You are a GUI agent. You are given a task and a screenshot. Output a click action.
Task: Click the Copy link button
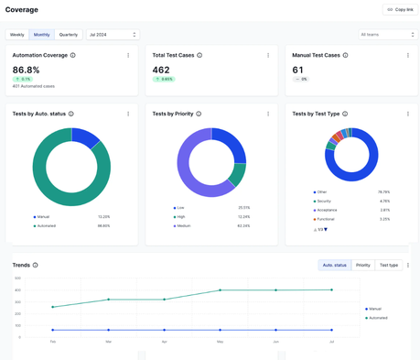click(399, 9)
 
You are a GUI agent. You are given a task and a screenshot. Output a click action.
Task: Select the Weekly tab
click(17, 35)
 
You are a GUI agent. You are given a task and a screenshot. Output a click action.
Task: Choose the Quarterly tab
click(69, 35)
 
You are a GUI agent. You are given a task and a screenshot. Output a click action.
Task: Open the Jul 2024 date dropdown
click(112, 35)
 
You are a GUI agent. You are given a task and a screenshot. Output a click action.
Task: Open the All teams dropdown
click(387, 35)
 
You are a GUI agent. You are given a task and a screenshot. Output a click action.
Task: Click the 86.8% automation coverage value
click(27, 70)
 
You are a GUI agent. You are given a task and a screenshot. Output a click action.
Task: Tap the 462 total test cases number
click(161, 70)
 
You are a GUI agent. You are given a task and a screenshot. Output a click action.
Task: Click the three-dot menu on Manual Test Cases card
click(408, 55)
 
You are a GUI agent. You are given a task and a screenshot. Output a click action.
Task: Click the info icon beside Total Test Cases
click(199, 55)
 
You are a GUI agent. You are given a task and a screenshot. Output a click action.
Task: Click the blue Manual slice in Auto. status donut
click(87, 137)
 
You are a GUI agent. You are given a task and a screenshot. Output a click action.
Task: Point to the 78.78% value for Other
click(383, 192)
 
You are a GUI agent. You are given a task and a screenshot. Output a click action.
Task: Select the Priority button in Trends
click(363, 265)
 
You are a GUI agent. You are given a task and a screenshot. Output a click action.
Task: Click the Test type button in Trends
click(389, 265)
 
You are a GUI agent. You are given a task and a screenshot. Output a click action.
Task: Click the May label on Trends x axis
click(220, 342)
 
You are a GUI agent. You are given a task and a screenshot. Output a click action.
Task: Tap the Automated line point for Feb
click(53, 307)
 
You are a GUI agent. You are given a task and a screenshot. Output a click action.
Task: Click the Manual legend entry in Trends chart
click(375, 309)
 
